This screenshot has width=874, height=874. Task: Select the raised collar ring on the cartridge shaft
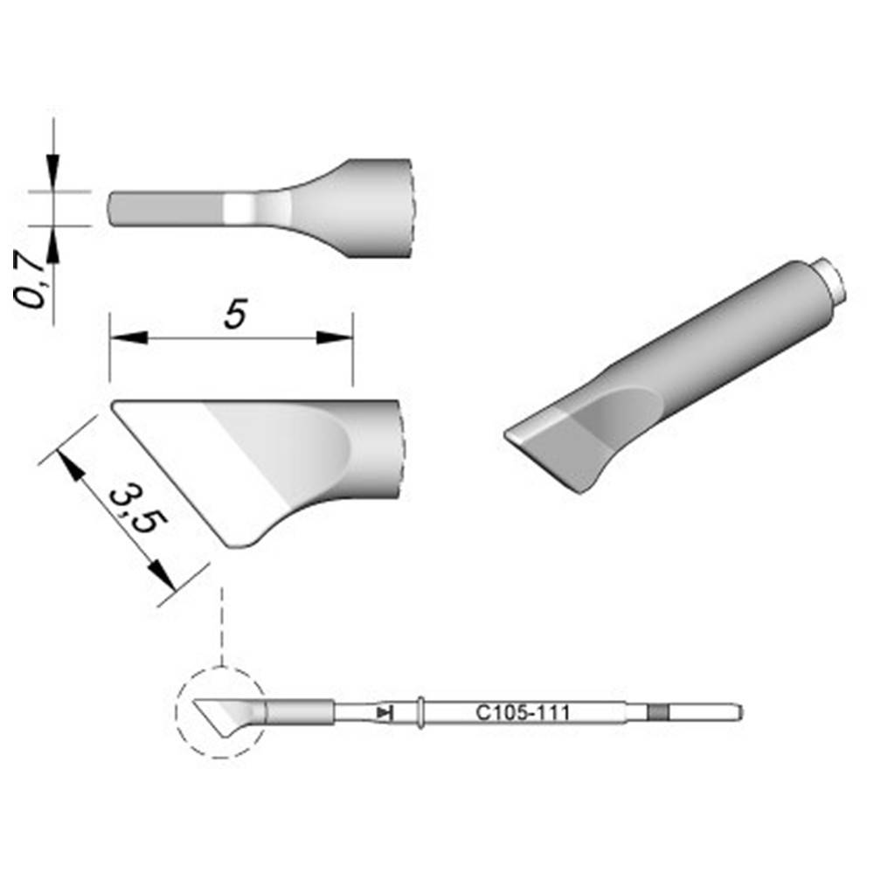421,713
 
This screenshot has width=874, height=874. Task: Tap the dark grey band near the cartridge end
657,713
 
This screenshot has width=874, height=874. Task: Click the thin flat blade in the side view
166,209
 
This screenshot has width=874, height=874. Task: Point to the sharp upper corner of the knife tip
115,404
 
